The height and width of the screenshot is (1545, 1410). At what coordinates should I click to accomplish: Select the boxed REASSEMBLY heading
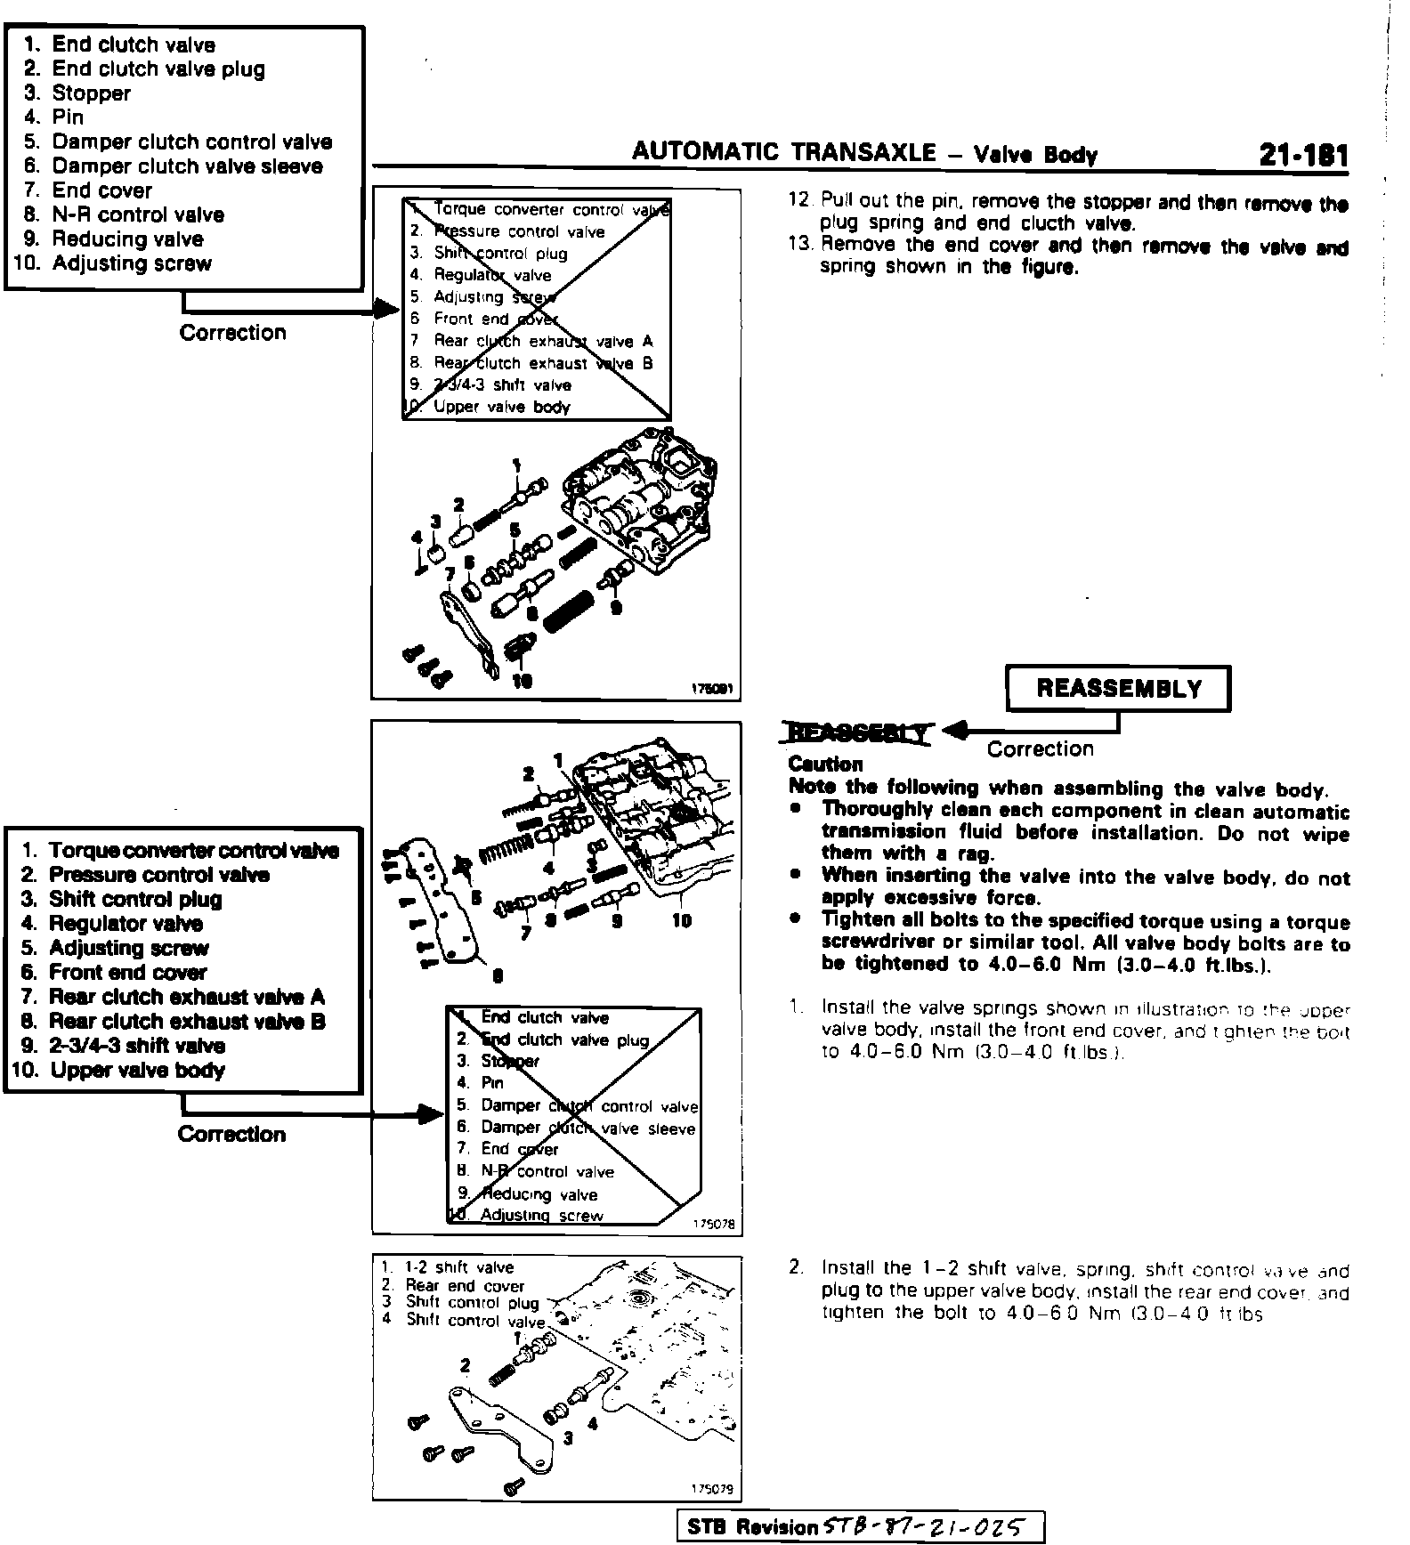(1118, 689)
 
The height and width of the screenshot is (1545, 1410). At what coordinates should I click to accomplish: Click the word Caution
(825, 764)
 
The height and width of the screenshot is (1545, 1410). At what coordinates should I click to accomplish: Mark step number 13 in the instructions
(800, 245)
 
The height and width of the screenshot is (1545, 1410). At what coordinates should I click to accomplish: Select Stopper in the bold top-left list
(91, 93)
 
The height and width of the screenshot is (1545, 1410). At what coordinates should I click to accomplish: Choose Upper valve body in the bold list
(137, 1070)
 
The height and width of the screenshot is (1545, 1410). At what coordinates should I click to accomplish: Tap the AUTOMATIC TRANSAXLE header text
(783, 152)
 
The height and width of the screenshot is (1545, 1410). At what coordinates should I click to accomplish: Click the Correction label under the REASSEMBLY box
(1040, 749)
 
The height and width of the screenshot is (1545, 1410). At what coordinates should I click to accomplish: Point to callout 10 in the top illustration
(523, 682)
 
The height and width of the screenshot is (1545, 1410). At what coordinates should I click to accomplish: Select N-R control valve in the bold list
(138, 214)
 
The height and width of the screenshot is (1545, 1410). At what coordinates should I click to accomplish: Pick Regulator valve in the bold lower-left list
(126, 924)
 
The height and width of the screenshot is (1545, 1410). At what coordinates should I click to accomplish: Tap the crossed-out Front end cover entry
(495, 319)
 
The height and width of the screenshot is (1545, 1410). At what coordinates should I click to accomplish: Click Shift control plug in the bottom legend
(472, 1303)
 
